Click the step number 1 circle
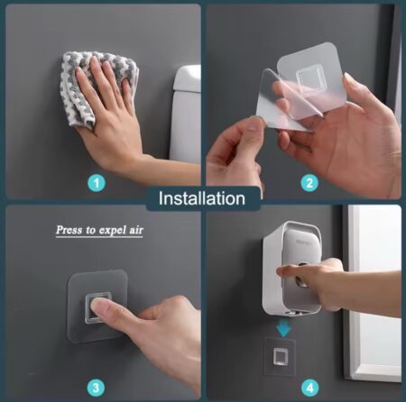click(x=97, y=183)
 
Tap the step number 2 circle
click(x=309, y=183)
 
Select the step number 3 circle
click(x=97, y=388)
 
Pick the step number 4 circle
click(x=309, y=388)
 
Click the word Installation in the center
click(x=202, y=198)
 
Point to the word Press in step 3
click(x=69, y=230)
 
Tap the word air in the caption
click(x=136, y=231)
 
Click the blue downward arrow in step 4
click(x=284, y=328)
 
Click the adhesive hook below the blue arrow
click(x=281, y=357)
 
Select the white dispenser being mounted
click(x=292, y=268)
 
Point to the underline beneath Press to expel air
click(x=99, y=237)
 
